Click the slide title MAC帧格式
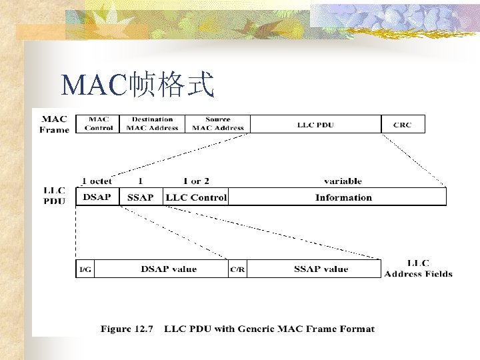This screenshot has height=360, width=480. tap(137, 85)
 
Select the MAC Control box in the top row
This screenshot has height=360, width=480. tap(97, 124)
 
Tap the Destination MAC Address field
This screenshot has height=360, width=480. tap(152, 124)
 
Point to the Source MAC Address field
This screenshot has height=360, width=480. tap(218, 124)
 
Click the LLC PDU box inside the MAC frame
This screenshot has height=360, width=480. tap(315, 124)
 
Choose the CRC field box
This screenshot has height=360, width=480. tap(403, 124)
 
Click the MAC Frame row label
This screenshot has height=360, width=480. tap(54, 124)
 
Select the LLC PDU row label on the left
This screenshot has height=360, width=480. tap(54, 196)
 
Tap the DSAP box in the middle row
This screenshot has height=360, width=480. tap(97, 197)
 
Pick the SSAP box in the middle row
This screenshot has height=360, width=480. tap(141, 197)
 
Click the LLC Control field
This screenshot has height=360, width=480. tap(196, 197)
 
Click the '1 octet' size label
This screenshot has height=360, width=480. tap(97, 181)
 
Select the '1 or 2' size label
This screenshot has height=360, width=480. tap(196, 181)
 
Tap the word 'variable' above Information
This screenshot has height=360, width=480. tap(343, 181)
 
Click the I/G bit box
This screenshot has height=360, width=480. tap(86, 269)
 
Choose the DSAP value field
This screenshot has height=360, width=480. tap(169, 269)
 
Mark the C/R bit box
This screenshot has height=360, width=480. tap(237, 269)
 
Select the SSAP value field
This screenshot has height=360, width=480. tap(321, 269)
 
